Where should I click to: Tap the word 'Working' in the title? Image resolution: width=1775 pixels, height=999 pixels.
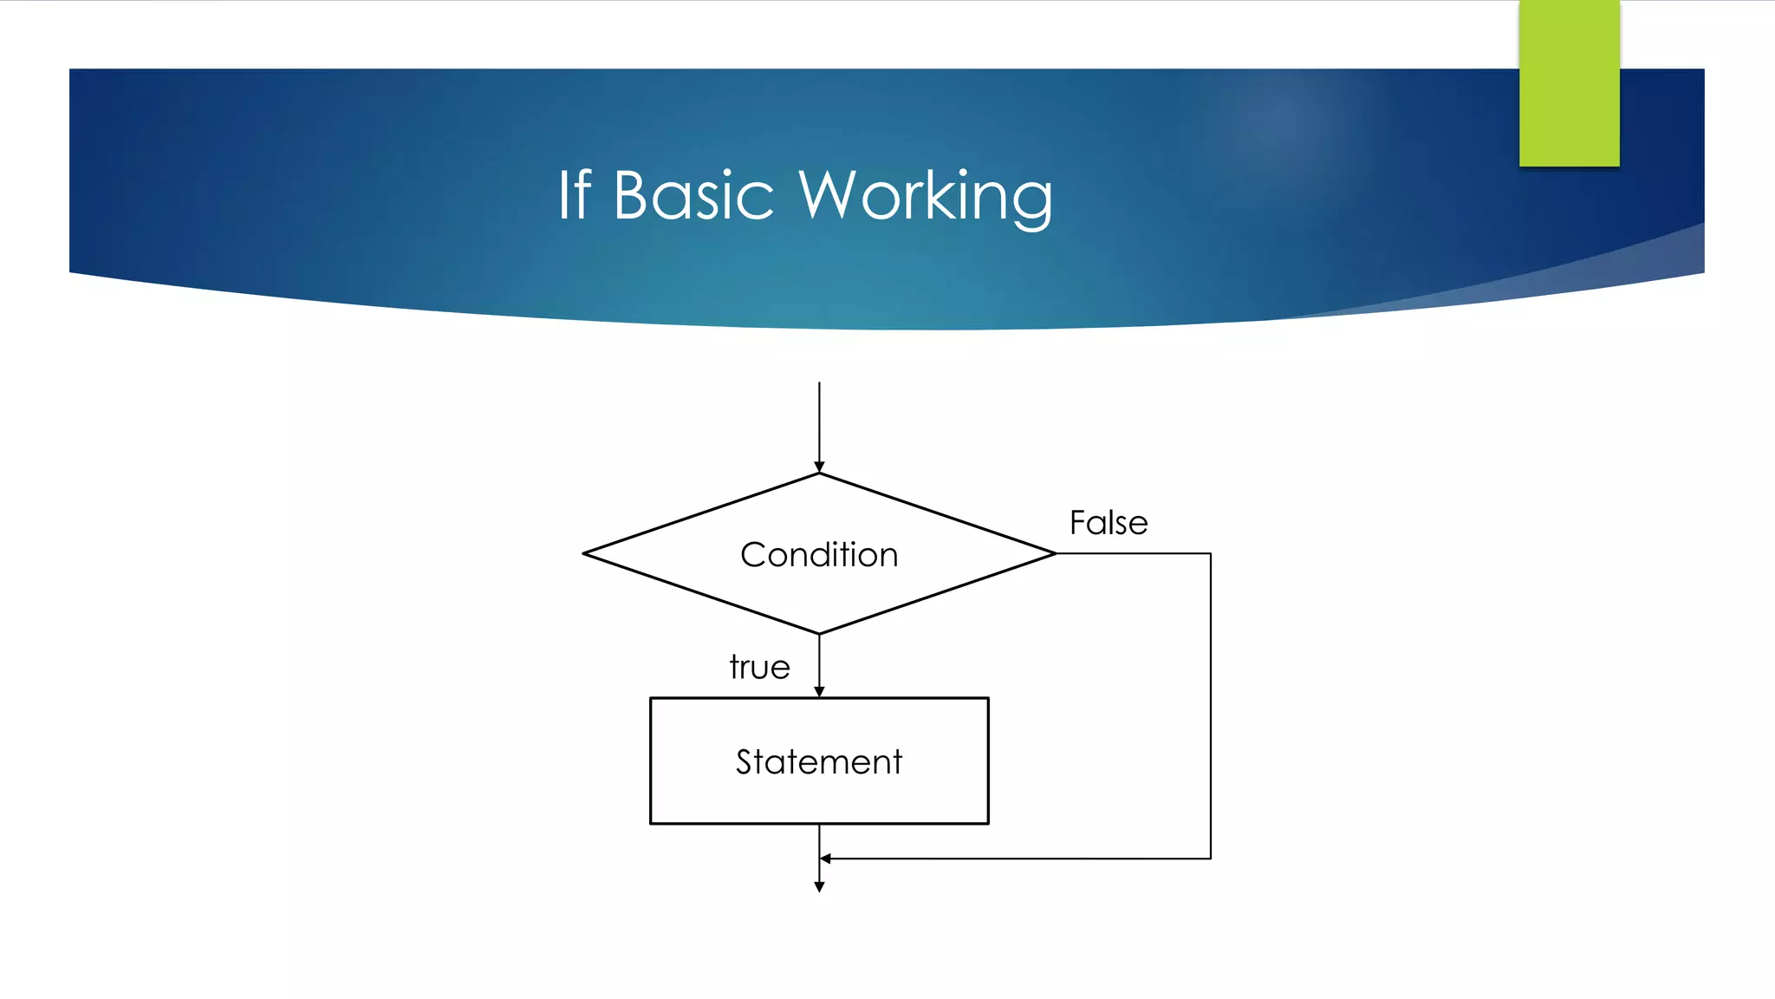[x=925, y=198]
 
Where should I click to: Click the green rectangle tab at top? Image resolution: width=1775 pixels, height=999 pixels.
[x=1569, y=83]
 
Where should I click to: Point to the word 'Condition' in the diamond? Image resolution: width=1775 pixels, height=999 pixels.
[x=819, y=555]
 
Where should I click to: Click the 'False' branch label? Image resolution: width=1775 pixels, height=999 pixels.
[x=1109, y=523]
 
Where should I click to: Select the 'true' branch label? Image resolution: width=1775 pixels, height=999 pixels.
[x=759, y=667]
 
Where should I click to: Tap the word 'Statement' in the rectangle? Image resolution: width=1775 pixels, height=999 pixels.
[x=819, y=761]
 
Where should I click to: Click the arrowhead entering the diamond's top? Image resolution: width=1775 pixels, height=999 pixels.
[x=819, y=467]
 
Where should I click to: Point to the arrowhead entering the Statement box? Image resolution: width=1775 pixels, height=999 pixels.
[x=819, y=691]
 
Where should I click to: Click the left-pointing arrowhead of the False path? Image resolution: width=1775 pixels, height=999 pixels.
[x=826, y=859]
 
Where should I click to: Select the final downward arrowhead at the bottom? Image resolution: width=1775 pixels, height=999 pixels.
[x=819, y=886]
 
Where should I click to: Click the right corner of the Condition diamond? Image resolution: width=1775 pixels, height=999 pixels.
[x=1055, y=553]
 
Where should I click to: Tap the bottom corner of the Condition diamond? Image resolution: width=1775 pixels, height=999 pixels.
[x=819, y=633]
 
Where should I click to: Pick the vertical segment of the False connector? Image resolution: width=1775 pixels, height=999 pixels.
[x=1210, y=706]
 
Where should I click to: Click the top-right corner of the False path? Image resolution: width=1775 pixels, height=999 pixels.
[x=1210, y=553]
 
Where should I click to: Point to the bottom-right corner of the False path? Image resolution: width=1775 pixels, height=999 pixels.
[x=1210, y=859]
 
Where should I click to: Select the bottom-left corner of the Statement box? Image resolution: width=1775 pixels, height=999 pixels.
[x=651, y=823]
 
